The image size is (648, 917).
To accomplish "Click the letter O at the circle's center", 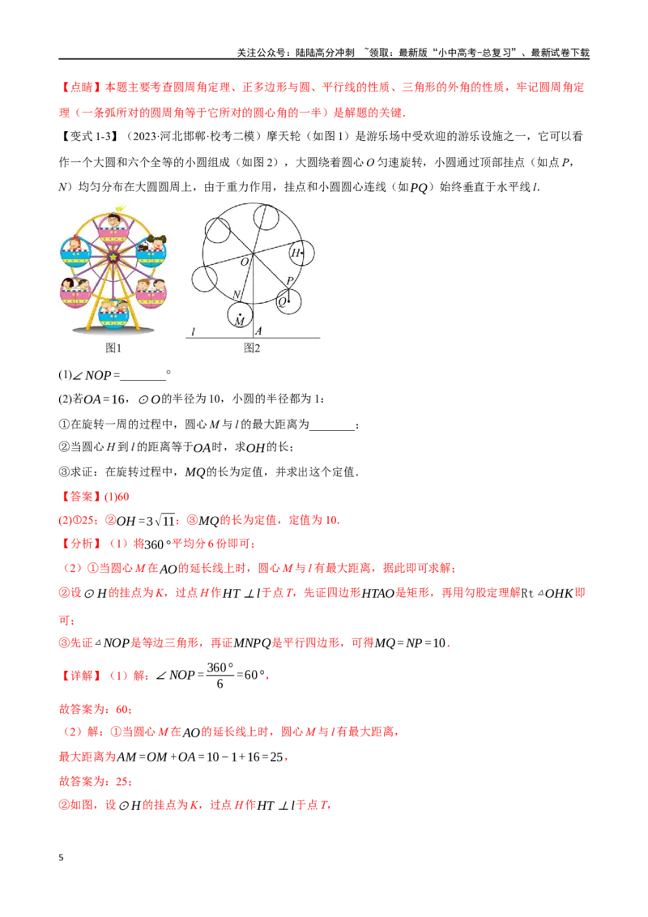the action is coord(244,262).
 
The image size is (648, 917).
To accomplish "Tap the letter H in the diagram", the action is coord(296,254).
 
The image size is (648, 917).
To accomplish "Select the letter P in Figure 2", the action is coord(290,281).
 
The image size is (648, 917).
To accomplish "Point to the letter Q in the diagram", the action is coord(282,301).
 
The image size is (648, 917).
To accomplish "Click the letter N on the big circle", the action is coord(237,294).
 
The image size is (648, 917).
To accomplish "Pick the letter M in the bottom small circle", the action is coord(239,322).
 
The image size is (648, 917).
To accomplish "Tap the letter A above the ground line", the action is coord(258,331).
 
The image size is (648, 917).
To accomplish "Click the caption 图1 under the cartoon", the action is coord(113,348).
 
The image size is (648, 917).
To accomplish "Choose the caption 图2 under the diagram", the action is coord(252,348).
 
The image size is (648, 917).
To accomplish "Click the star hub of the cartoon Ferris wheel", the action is coord(113,258).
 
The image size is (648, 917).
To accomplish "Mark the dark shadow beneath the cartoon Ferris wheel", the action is coord(113,330).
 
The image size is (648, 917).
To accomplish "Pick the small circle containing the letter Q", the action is coord(288,302).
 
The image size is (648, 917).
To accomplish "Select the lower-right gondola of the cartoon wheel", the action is coord(151,292).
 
